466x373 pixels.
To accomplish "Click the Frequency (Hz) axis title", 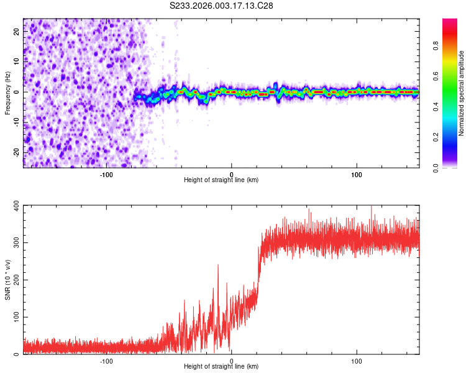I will click(7, 93).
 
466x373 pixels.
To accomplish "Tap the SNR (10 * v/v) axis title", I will click(7, 279).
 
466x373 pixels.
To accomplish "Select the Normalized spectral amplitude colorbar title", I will click(461, 93).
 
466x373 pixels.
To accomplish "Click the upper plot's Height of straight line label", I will click(221, 180).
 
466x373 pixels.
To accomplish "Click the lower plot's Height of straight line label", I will click(221, 366).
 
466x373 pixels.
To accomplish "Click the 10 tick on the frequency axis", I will click(17, 62).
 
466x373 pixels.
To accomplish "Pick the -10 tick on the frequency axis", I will click(16, 122).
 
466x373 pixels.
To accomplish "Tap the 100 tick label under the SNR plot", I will click(357, 361).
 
